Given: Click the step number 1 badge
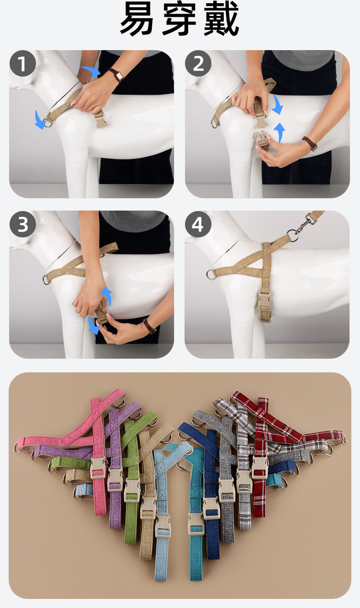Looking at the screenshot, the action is point(23,63).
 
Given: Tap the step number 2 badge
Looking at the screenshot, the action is point(198,63).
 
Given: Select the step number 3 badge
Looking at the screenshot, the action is point(23,224).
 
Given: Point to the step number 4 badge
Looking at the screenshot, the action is point(198,224).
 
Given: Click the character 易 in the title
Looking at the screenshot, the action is point(137,18).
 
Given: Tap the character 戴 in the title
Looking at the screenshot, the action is point(221,18).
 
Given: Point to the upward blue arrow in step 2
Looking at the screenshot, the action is point(279,133).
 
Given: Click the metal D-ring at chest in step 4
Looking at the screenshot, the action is point(211,274).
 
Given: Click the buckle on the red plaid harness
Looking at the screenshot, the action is point(260,467).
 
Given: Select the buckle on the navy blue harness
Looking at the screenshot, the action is point(211,508).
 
